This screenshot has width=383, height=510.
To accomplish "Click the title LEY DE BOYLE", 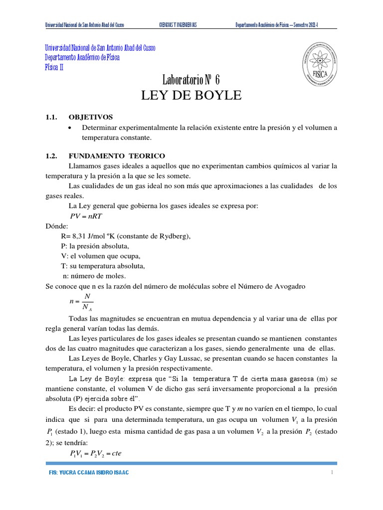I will point(191,96).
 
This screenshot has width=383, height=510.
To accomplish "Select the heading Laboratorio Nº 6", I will point(191,80).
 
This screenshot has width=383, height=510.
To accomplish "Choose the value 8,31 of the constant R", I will point(80,236).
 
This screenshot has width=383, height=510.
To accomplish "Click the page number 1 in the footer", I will point(332,472).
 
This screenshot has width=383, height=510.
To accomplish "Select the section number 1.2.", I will point(52,156).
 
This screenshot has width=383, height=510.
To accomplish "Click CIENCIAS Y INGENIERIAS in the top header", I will point(178,25).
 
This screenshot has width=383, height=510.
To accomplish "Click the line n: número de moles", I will point(94,275).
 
